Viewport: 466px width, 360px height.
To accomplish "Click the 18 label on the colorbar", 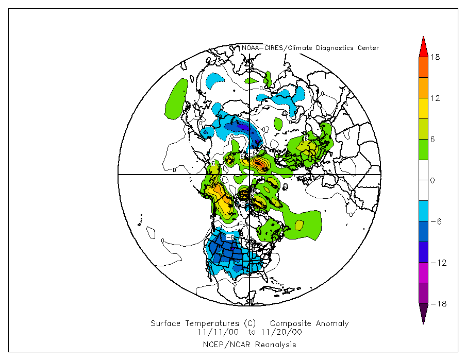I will tap(435, 57).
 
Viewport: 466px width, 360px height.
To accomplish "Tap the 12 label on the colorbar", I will tap(435, 98).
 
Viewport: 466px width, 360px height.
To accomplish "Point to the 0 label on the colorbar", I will tap(433, 181).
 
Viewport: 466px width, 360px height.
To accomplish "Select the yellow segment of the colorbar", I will tap(423, 108).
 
